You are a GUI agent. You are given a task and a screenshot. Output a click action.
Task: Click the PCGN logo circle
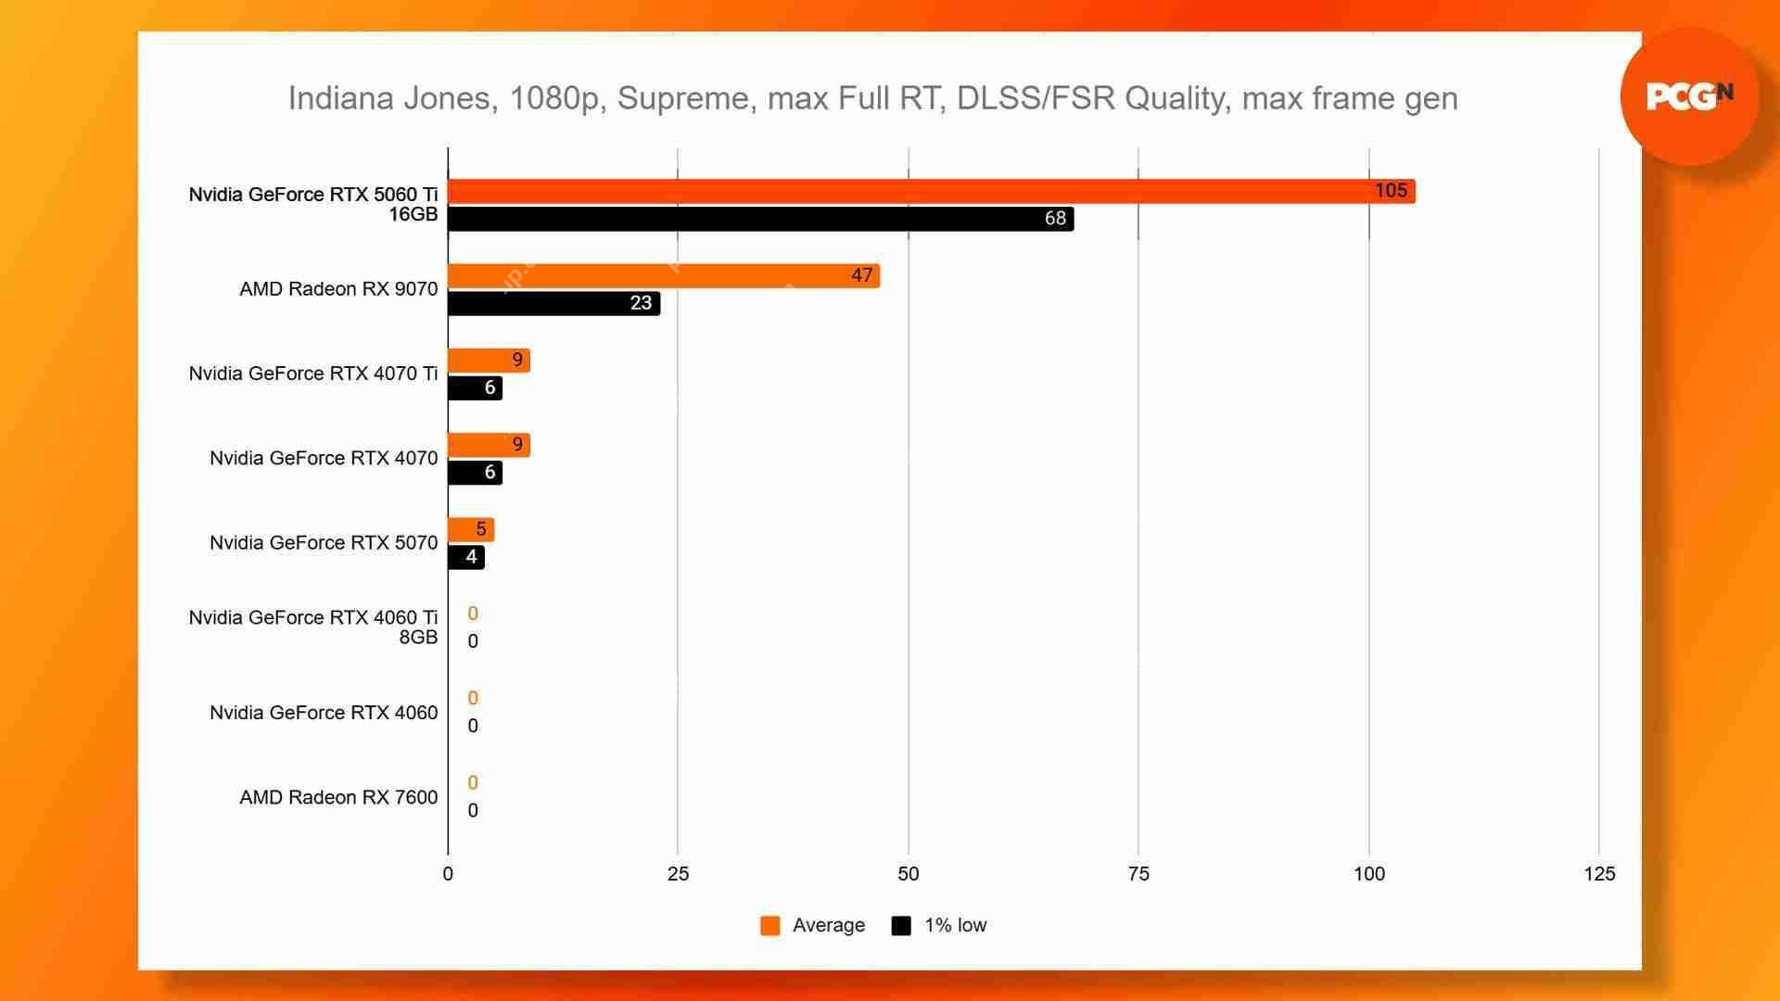tap(1689, 96)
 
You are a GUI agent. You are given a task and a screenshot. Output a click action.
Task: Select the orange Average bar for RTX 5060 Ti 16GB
tap(931, 191)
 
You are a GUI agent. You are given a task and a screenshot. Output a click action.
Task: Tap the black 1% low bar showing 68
tap(760, 219)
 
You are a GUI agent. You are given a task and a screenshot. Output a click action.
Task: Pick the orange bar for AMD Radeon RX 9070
tap(663, 275)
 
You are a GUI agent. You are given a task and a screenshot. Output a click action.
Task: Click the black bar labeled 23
tap(553, 303)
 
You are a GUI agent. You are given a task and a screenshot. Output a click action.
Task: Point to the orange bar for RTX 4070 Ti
tap(489, 361)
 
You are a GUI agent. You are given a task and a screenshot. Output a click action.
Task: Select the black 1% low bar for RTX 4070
tap(475, 473)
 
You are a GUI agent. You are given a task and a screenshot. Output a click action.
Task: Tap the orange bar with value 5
tap(471, 530)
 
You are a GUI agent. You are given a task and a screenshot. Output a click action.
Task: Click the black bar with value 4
tap(466, 557)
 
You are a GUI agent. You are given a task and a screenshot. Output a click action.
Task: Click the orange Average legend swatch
tap(769, 926)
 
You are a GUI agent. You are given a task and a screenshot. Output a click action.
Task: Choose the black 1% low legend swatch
tap(900, 926)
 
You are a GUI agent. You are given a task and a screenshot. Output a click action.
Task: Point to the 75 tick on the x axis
tap(1138, 874)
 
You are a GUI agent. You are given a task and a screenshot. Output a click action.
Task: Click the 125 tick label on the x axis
tap(1599, 874)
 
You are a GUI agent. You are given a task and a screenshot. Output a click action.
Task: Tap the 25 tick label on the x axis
tap(678, 874)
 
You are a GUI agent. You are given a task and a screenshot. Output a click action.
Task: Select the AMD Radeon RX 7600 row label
tap(338, 797)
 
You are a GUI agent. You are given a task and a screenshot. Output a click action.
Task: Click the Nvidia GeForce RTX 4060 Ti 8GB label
tap(313, 627)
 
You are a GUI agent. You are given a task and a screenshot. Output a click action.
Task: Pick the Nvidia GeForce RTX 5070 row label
tap(324, 543)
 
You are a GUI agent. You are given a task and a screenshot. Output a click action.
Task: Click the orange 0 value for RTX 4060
tap(473, 699)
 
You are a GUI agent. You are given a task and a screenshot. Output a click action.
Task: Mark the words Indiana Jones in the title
tap(389, 98)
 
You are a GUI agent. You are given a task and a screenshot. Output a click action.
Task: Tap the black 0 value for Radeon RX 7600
tap(473, 811)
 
